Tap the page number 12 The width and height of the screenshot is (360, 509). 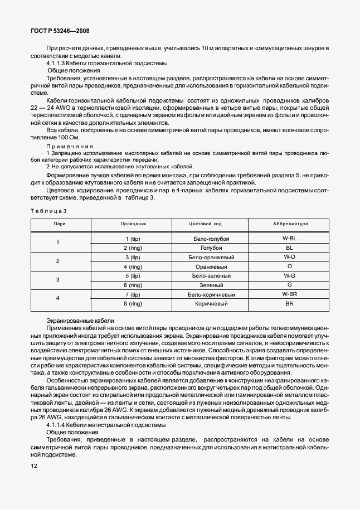click(35, 466)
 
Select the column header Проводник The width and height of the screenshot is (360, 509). click(133, 223)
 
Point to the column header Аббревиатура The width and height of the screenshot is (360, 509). click(289, 223)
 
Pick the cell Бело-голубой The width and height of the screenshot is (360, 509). click(210, 238)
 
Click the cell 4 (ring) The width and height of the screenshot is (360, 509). click(133, 266)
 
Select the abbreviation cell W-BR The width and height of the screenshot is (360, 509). click(289, 294)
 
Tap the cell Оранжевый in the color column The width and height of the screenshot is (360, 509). click(210, 266)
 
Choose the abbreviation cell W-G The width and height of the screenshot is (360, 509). click(289, 275)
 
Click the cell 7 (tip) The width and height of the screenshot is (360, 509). click(133, 294)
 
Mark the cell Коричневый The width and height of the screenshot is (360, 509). click(210, 304)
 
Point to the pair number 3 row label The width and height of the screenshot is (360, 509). click(58, 280)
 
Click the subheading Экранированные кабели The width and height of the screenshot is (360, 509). click(81, 321)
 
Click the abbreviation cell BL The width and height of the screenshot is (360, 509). click(289, 247)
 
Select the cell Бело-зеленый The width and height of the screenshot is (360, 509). click(210, 275)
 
